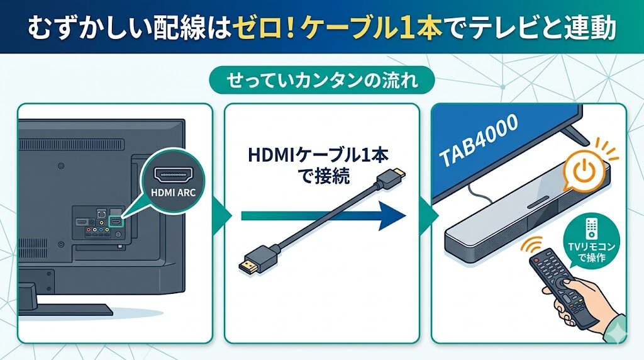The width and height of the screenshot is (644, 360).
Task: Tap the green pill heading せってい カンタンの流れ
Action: (322, 81)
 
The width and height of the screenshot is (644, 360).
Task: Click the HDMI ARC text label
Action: (174, 192)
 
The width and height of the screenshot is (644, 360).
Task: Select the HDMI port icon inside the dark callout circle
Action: (174, 175)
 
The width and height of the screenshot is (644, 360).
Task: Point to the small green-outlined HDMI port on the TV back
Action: (116, 222)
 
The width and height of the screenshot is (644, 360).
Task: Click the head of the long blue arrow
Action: (392, 216)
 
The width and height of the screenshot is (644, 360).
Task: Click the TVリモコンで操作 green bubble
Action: (592, 241)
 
